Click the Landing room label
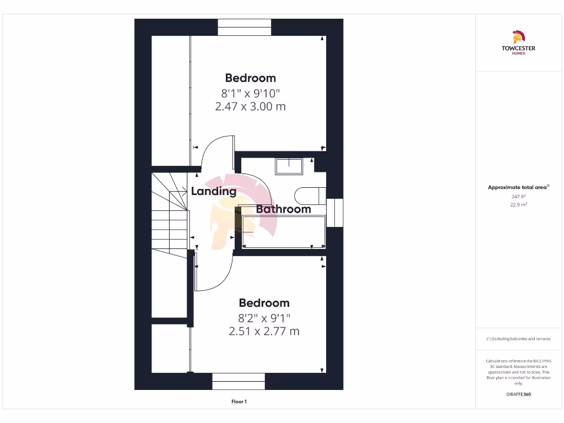pos(214,192)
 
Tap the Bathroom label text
pos(283,209)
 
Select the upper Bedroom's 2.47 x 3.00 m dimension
pos(250,106)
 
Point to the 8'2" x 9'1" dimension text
pos(264,318)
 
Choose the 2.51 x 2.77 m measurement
pos(264,331)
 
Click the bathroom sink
pos(289,166)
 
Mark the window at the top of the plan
pos(245,28)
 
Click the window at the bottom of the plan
pos(238,381)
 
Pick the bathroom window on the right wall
pos(334,213)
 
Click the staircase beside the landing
pos(169,215)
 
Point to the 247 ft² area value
pos(518,196)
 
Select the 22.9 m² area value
pos(518,204)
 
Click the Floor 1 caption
pos(238,402)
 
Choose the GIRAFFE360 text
pos(518,394)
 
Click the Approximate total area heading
pos(518,187)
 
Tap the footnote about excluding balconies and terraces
pos(518,339)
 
